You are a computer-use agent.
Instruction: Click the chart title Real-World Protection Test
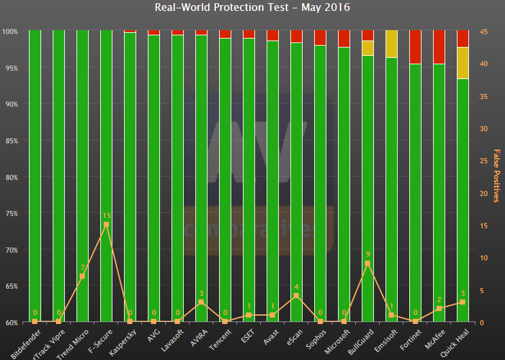252,8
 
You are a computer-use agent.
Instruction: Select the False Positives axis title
496,175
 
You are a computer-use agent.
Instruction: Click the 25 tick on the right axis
483,161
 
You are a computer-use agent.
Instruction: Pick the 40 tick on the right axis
483,64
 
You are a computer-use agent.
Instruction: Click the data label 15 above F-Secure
106,216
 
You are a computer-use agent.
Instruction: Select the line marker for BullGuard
368,264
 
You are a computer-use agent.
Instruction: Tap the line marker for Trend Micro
82,276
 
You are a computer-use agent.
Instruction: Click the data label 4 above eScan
296,287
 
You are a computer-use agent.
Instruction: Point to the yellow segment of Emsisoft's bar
391,44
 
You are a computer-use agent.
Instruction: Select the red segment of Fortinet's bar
415,47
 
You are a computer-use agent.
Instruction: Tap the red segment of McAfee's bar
439,47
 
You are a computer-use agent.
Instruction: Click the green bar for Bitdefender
35,174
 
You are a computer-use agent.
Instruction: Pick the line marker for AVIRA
201,302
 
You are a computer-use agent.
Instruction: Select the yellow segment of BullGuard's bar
368,48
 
